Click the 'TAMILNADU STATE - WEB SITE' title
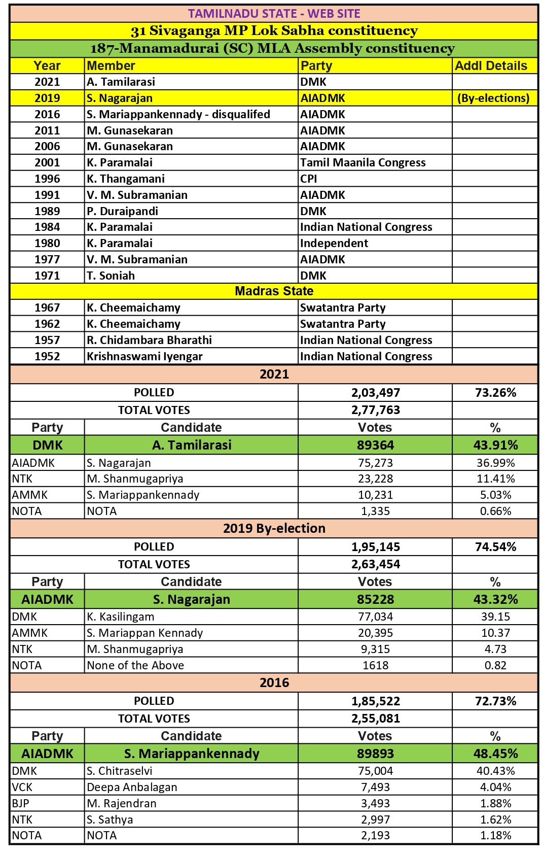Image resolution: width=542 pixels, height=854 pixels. coord(274,14)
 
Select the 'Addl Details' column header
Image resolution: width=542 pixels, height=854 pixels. coord(491,66)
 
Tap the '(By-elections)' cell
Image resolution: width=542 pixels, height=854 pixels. coord(493,98)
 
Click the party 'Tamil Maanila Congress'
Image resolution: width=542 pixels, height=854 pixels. coord(363,162)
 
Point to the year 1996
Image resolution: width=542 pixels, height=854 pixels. coord(47,179)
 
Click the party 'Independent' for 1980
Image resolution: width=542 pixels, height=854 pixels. coord(334,243)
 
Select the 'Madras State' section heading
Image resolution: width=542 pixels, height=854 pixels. coord(274,291)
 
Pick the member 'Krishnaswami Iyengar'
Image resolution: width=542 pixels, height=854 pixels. coord(144,356)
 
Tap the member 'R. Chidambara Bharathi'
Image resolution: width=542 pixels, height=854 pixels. coord(149,340)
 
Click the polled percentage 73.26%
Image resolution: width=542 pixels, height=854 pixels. coord(495,393)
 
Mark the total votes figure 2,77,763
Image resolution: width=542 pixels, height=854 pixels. coord(375,410)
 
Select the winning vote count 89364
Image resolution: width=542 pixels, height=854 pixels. coord(375,445)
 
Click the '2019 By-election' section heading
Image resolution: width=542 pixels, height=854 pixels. coord(274,528)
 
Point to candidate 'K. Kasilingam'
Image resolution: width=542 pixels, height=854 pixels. coord(120,617)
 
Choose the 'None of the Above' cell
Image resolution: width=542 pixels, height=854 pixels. coord(135,665)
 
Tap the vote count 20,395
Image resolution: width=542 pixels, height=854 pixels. coord(375,633)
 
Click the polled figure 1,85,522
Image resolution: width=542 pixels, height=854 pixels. coord(375,701)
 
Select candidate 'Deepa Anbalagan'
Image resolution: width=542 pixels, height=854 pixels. coord(132,787)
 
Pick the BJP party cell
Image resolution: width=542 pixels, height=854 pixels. coord(21,803)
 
